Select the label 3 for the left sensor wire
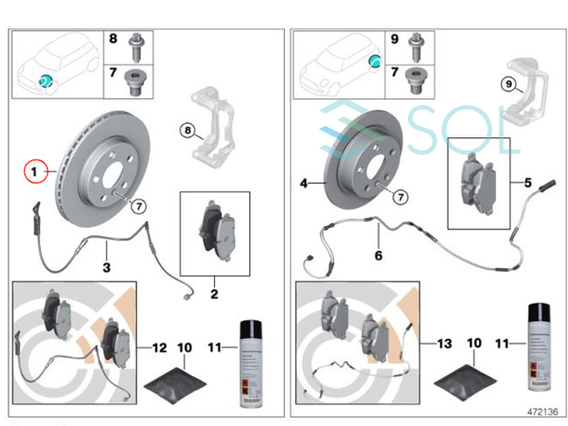click(107, 268)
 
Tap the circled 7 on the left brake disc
click(138, 205)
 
